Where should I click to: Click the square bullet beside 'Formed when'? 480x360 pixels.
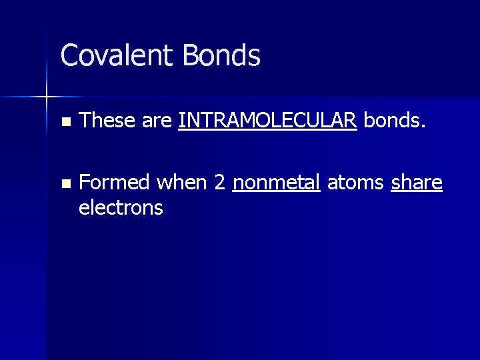(64, 183)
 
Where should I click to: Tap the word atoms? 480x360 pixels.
(356, 182)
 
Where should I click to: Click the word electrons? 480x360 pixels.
(120, 208)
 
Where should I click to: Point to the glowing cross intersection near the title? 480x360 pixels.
(46, 97)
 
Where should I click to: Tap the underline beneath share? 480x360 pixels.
(417, 192)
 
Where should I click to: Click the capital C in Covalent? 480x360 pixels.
(69, 56)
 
